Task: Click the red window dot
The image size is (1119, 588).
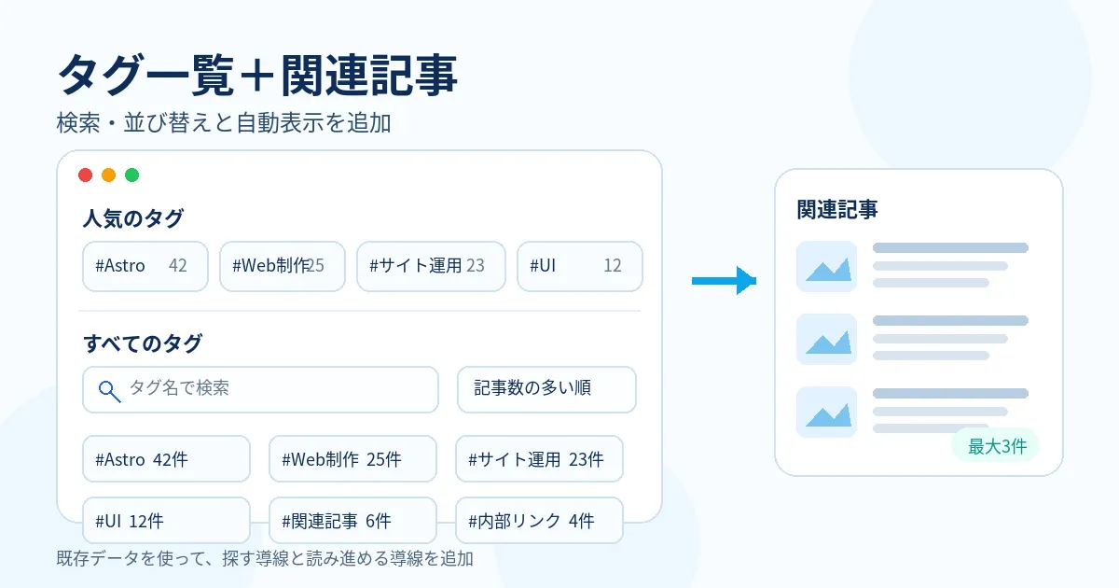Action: pyautogui.click(x=86, y=175)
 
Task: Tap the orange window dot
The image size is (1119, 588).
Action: pyautogui.click(x=108, y=175)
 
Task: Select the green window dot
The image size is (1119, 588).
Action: pyautogui.click(x=131, y=175)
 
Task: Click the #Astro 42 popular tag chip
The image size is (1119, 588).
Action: pyautogui.click(x=145, y=266)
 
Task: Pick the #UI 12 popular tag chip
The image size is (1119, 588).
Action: pyautogui.click(x=579, y=266)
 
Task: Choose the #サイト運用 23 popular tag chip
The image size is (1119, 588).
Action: pyautogui.click(x=431, y=266)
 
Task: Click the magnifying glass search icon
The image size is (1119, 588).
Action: pyautogui.click(x=109, y=391)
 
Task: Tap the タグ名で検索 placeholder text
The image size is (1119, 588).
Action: pyautogui.click(x=179, y=387)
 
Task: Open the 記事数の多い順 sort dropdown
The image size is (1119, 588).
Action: pyautogui.click(x=546, y=389)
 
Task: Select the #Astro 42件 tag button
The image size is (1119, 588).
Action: pyautogui.click(x=166, y=458)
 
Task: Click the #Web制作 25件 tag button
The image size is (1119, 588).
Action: pyautogui.click(x=352, y=458)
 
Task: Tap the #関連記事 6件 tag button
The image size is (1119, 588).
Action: pyautogui.click(x=352, y=520)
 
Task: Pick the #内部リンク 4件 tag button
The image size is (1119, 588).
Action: pyautogui.click(x=539, y=520)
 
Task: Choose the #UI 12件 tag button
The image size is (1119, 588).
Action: pyautogui.click(x=166, y=520)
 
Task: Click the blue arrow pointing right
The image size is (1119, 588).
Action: pyautogui.click(x=724, y=281)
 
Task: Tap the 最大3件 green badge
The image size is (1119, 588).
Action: pyautogui.click(x=996, y=445)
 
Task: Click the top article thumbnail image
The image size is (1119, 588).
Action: pyautogui.click(x=827, y=267)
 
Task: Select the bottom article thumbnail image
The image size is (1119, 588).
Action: pyautogui.click(x=827, y=412)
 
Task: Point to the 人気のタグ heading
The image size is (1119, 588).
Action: pyautogui.click(x=133, y=218)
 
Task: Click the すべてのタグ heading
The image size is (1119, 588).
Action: pyautogui.click(x=143, y=343)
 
